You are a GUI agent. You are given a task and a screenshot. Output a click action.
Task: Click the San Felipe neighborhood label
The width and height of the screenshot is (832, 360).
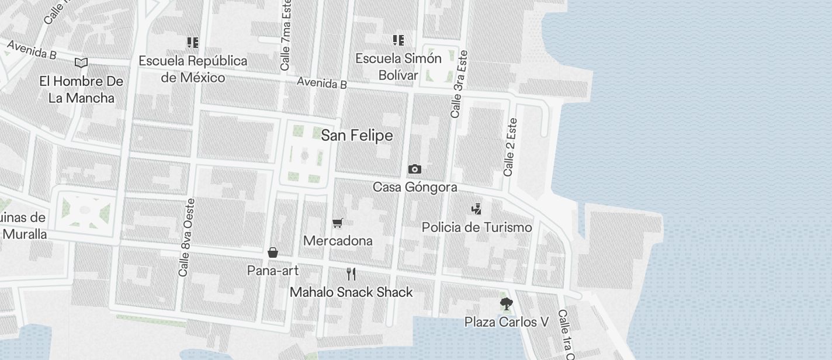click(356, 136)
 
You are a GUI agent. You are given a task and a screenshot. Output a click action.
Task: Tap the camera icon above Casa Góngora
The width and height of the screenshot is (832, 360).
click(414, 169)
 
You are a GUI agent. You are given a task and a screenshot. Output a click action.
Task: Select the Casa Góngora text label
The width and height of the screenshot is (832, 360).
click(415, 188)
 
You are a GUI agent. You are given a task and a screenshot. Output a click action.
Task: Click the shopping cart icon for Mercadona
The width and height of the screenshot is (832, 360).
click(337, 223)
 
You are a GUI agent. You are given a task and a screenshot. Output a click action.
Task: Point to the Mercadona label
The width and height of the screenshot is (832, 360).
click(338, 241)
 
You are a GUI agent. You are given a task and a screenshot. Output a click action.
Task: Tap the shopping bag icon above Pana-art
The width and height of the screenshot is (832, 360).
click(272, 252)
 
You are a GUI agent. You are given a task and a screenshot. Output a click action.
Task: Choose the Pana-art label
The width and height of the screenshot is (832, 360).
click(273, 271)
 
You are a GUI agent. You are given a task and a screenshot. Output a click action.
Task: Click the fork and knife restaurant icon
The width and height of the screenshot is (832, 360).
click(351, 274)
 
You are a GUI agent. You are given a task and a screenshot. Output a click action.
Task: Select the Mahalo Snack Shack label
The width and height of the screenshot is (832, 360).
click(351, 292)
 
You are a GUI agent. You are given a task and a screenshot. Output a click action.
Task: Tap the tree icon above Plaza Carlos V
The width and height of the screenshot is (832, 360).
click(506, 304)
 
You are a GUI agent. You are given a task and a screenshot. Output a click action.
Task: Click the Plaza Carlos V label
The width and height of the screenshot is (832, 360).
click(507, 322)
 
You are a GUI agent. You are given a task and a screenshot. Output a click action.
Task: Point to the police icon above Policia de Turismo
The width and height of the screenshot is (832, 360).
click(477, 209)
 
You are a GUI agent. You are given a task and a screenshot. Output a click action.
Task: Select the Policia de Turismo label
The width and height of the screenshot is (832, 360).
click(477, 227)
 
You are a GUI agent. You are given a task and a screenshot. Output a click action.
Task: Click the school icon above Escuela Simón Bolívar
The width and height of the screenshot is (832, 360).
click(398, 40)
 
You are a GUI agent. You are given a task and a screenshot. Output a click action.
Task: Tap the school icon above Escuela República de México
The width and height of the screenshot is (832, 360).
click(192, 42)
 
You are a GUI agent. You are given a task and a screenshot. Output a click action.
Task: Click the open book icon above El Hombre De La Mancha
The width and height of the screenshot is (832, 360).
click(81, 63)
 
